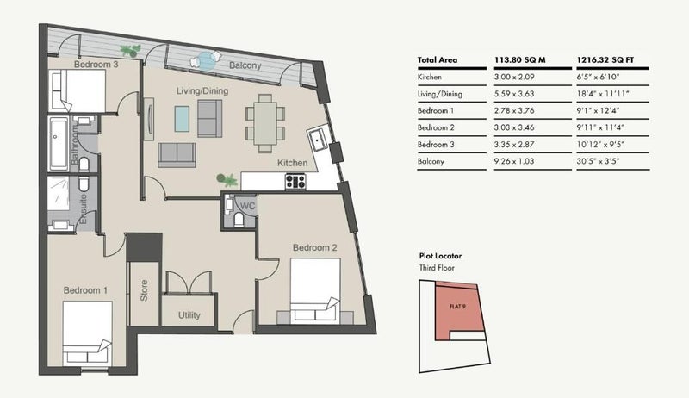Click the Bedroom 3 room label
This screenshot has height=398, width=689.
pyautogui.click(x=96, y=64)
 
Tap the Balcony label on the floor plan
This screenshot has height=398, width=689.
pyautogui.click(x=245, y=65)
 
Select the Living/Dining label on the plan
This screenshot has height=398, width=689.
pyautogui.click(x=202, y=91)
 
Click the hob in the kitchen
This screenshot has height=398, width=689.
pyautogui.click(x=295, y=182)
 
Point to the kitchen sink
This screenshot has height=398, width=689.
pyautogui.click(x=317, y=140)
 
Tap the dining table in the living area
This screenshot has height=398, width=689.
pyautogui.click(x=265, y=123)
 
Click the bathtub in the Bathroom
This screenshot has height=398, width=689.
pyautogui.click(x=59, y=143)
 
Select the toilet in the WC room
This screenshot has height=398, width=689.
pyautogui.click(x=239, y=219)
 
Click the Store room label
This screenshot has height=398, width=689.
pyautogui.click(x=144, y=290)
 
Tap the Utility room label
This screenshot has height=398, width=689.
pyautogui.click(x=189, y=315)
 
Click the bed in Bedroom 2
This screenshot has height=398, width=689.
pyautogui.click(x=315, y=289)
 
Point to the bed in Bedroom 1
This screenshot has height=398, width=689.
pyautogui.click(x=88, y=333)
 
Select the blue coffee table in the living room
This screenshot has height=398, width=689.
pyautogui.click(x=182, y=119)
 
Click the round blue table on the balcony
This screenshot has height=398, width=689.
pyautogui.click(x=205, y=61)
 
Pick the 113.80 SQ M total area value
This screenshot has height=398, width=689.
pyautogui.click(x=520, y=60)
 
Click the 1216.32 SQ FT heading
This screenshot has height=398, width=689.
pyautogui.click(x=605, y=60)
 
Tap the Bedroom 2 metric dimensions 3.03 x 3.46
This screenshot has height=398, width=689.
pyautogui.click(x=514, y=127)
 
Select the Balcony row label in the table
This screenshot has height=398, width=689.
pyautogui.click(x=431, y=161)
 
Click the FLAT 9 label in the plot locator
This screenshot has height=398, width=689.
pyautogui.click(x=457, y=307)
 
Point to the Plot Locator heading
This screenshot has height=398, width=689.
pyautogui.click(x=440, y=256)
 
